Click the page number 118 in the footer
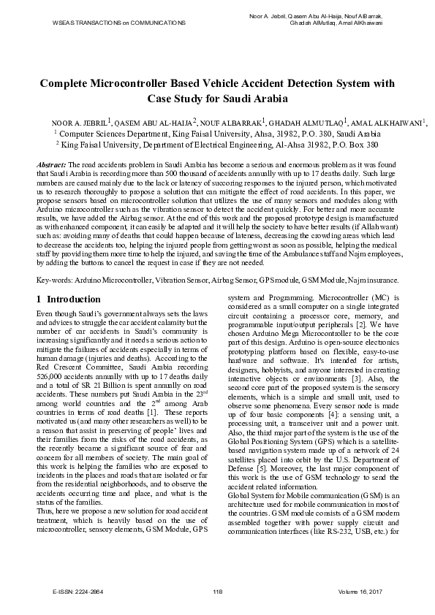217,590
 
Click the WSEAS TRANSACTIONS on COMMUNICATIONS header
119,23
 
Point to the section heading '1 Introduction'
69,299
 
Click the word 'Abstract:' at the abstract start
51,167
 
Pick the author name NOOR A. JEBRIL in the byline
79,123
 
